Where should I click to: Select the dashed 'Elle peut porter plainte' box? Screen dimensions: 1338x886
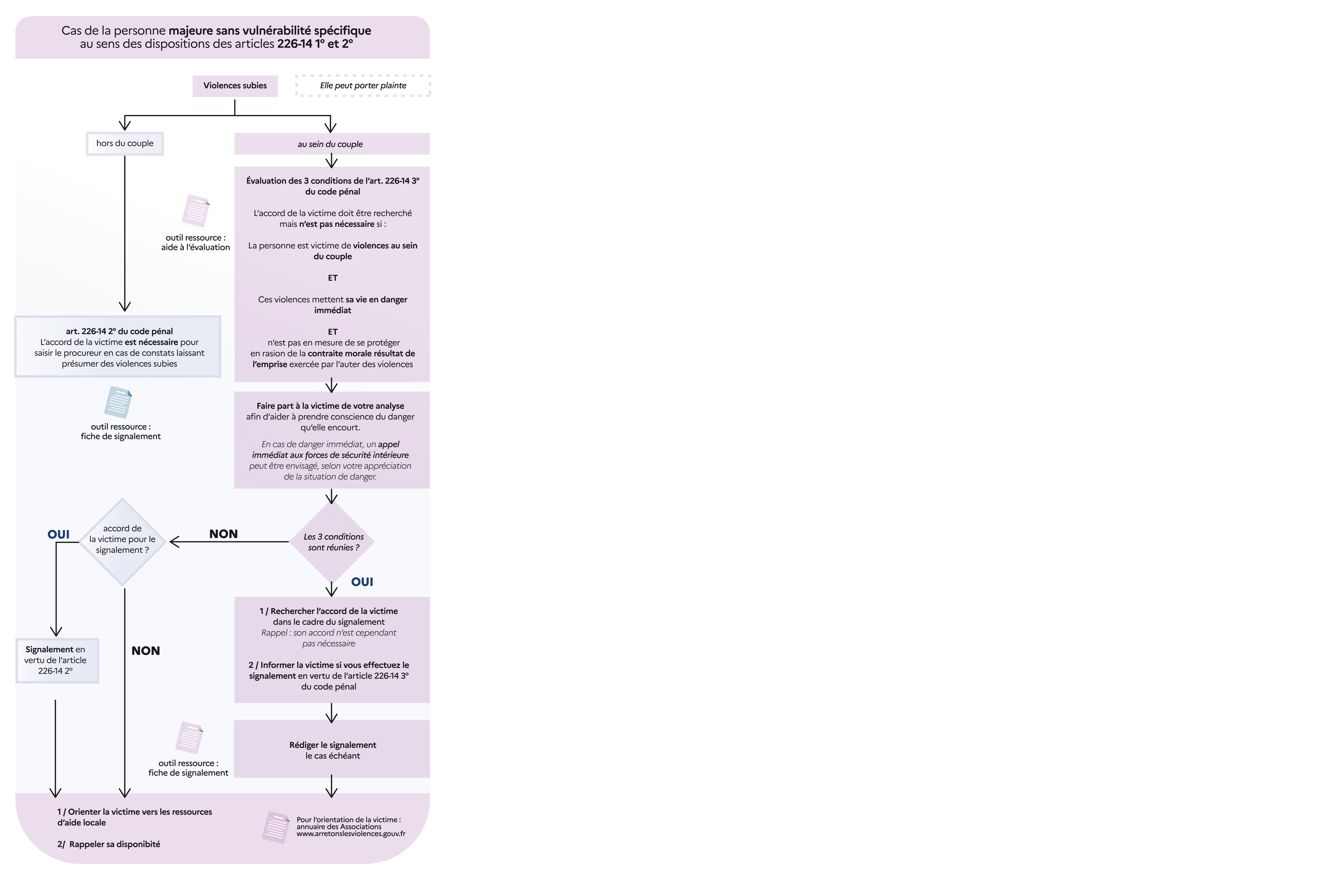tap(363, 85)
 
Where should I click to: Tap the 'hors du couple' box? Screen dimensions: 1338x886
tap(125, 144)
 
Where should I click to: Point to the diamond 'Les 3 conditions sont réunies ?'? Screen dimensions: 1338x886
tap(332, 542)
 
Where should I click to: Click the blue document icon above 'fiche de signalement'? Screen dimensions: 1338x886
tap(118, 402)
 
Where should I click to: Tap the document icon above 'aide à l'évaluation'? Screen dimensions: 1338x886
tap(195, 211)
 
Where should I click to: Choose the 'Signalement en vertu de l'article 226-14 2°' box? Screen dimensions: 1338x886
tap(57, 661)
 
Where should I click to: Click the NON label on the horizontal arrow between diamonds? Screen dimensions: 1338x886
tap(223, 534)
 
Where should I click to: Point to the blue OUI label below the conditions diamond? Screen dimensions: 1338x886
tap(362, 582)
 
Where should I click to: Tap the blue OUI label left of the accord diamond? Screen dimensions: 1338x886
tap(58, 535)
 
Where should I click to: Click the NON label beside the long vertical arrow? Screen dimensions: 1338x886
tap(146, 651)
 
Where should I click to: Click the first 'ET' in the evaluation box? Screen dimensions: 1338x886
tap(333, 278)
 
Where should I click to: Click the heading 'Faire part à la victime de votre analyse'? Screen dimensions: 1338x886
tap(331, 406)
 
